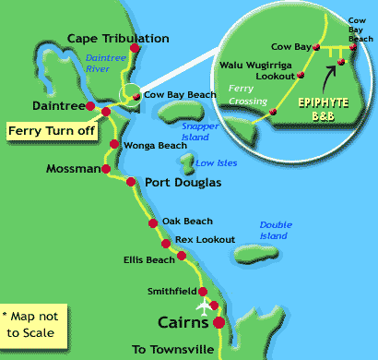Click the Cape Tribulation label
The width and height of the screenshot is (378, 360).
pos(119,39)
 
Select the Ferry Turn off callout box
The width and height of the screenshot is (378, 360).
pos(52,131)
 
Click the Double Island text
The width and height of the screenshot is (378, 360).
pos(276,230)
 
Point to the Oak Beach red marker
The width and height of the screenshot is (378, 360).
pos(152,223)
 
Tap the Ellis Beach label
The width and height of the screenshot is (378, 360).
pos(148,259)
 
